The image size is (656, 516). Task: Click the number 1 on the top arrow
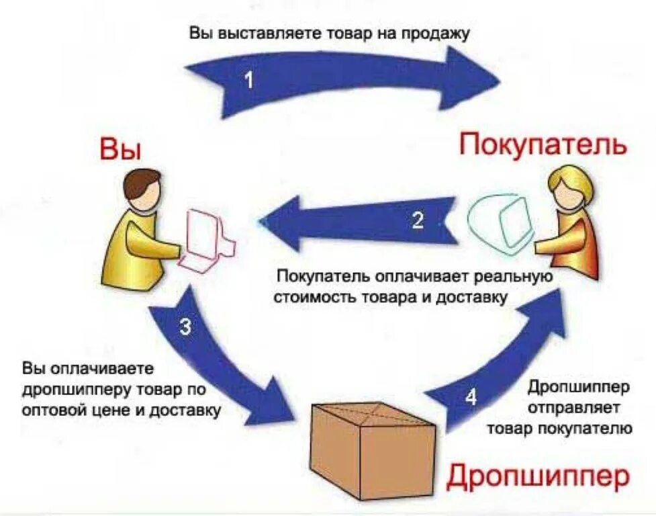tap(249, 81)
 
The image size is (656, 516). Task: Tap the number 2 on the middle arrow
tap(418, 221)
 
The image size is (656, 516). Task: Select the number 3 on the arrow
tap(186, 327)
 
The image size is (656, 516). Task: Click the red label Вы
tap(121, 149)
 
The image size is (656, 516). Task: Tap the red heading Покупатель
tap(543, 144)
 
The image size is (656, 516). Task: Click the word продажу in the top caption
tap(436, 34)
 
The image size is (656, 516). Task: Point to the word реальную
tap(512, 277)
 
